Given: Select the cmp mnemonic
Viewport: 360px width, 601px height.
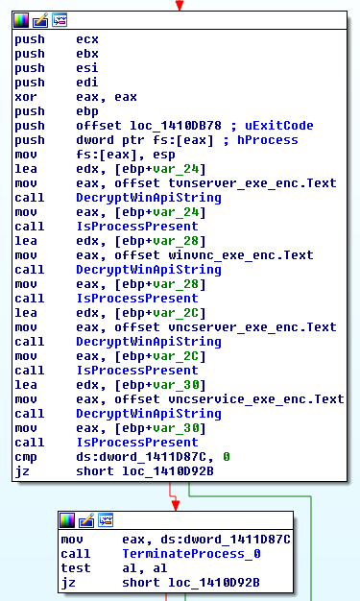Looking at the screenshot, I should click(25, 457).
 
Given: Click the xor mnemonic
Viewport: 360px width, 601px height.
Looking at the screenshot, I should click(25, 97).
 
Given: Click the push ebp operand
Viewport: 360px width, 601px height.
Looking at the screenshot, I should click(86, 111).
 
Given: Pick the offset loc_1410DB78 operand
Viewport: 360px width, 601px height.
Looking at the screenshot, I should click(153, 126).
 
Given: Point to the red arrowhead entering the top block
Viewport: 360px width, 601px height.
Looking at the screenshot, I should click(178, 7).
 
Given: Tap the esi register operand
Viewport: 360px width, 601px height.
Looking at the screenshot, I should click(86, 68).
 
